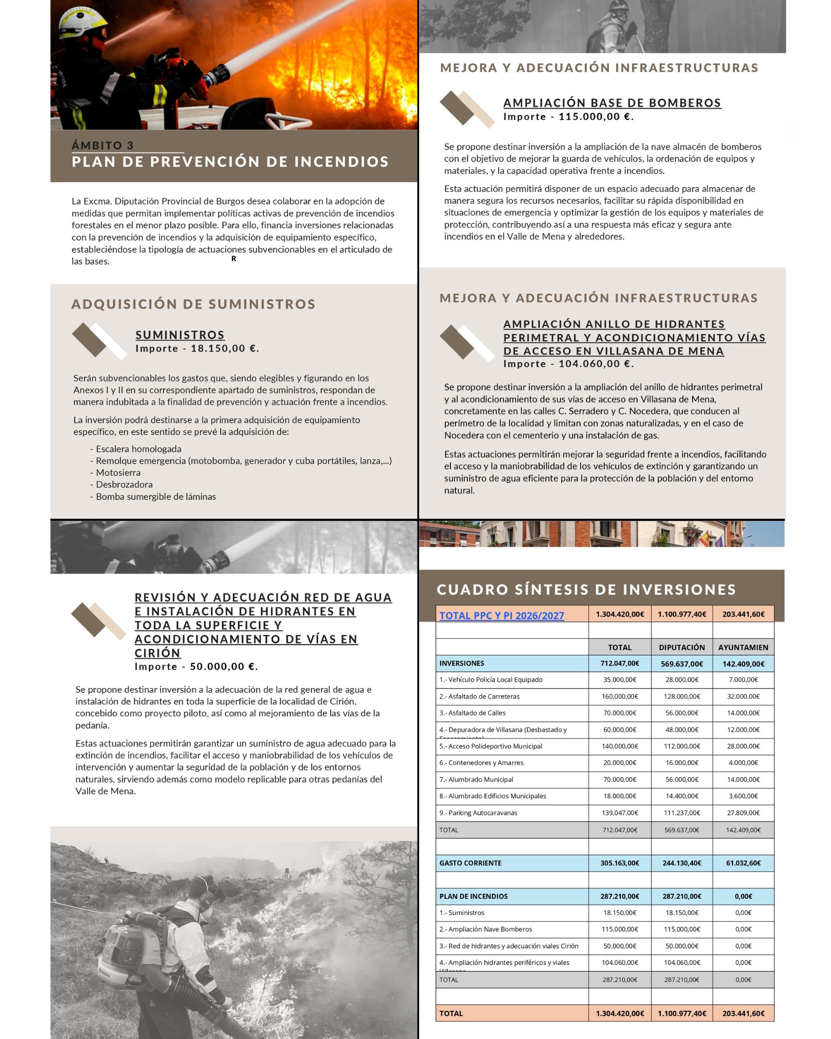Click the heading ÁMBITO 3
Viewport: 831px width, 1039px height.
coord(103,145)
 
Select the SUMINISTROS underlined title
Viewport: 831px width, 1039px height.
coord(180,335)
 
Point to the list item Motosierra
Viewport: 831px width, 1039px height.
coord(118,473)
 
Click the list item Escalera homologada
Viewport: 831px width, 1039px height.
coord(138,449)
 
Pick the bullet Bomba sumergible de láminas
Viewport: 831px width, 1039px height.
coord(156,497)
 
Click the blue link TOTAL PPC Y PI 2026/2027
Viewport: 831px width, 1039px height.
coord(501,615)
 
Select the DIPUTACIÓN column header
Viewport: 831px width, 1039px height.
coord(682,647)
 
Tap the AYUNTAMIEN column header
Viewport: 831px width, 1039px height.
coord(743,647)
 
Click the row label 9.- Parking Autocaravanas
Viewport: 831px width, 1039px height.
coord(478,813)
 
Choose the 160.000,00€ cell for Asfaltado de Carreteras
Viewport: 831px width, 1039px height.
coord(620,696)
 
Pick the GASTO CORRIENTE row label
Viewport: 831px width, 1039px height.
coord(470,863)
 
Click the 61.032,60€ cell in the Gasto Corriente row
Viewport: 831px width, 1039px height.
coord(743,863)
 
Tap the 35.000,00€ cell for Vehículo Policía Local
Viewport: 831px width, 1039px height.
coord(620,679)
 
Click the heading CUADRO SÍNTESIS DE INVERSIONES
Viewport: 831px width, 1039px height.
coord(586,590)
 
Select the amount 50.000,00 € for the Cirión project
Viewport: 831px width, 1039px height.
coord(223,666)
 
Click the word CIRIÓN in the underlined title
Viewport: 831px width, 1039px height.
coord(157,653)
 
